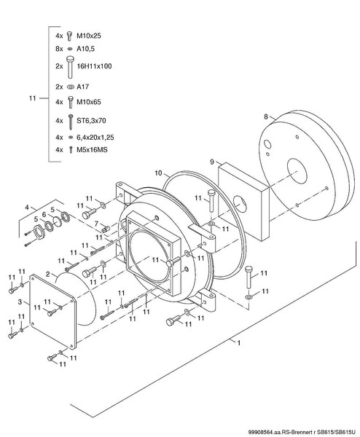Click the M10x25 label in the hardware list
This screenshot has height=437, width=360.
point(89,36)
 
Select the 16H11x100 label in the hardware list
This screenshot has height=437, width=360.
point(94,66)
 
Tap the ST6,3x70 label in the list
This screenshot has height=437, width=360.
point(91,121)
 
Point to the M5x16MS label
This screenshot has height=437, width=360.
point(92,150)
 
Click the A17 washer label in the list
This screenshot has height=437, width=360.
point(82,87)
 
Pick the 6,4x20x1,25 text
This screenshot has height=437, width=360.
point(95,138)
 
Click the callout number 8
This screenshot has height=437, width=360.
point(266,117)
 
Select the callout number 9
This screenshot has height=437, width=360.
point(212,162)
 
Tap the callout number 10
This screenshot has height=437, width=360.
point(158,173)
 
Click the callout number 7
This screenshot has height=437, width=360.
point(96,224)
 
